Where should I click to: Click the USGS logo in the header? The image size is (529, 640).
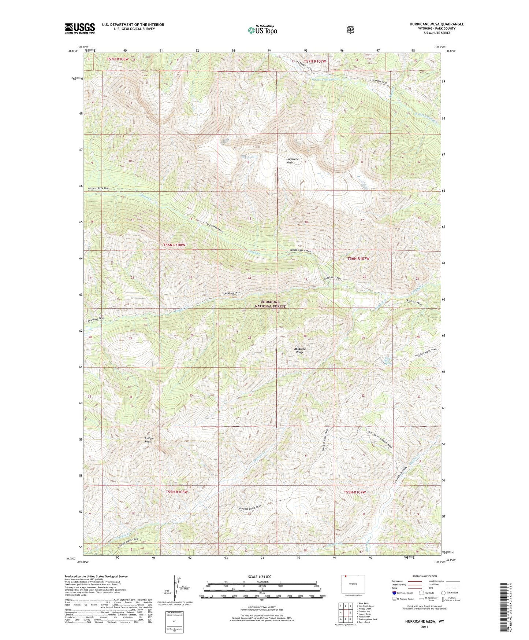(80, 28)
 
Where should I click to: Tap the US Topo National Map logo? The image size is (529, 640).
(262, 30)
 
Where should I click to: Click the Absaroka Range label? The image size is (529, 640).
(300, 350)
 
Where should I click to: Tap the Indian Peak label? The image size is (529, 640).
(149, 440)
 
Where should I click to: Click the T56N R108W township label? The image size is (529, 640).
(174, 245)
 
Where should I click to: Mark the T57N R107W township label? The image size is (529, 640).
(314, 61)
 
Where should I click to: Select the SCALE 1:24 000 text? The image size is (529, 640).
(260, 577)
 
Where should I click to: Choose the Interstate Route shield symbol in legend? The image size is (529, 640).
(394, 592)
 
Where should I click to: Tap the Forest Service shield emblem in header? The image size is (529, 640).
(350, 30)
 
